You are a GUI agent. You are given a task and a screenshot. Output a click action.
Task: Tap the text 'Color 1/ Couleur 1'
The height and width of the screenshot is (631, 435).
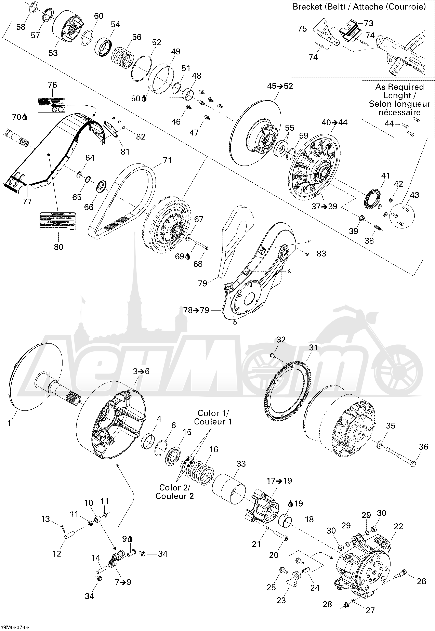pyautogui.click(x=213, y=417)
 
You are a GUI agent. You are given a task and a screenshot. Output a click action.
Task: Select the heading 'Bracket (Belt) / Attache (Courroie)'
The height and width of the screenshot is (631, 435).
pyautogui.click(x=359, y=7)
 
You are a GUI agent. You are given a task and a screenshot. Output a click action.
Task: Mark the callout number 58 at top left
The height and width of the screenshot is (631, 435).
pyautogui.click(x=21, y=27)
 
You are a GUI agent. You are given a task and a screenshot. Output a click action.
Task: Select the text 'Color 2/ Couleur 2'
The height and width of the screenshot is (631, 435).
pyautogui.click(x=174, y=492)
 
